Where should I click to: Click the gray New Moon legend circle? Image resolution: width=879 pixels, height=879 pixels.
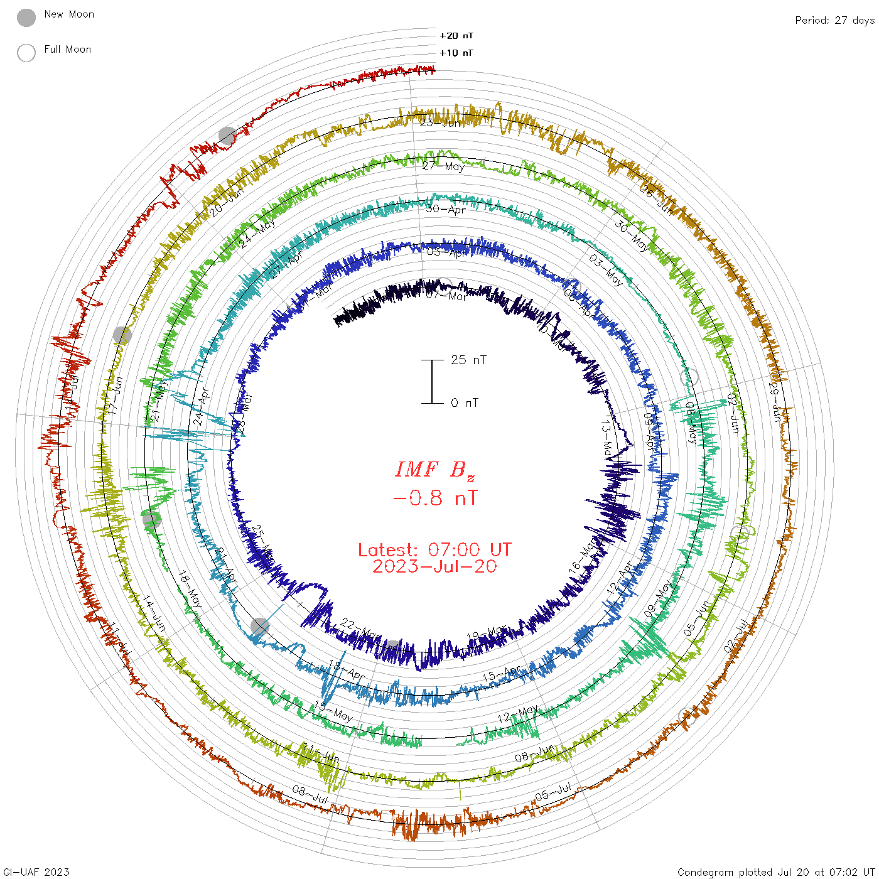pyautogui.click(x=26, y=18)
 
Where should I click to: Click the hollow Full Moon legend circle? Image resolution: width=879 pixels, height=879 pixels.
pyautogui.click(x=26, y=53)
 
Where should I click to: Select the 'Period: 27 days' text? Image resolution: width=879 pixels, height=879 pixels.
pyautogui.click(x=834, y=20)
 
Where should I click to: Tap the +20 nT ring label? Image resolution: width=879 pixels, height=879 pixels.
pyautogui.click(x=456, y=36)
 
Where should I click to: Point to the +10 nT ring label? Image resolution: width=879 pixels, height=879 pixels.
pyautogui.click(x=456, y=53)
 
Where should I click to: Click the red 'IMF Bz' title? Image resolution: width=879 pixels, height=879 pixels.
pyautogui.click(x=434, y=470)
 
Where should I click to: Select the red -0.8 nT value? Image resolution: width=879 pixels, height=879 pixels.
pyautogui.click(x=434, y=499)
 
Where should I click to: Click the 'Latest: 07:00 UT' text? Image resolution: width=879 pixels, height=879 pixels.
pyautogui.click(x=434, y=550)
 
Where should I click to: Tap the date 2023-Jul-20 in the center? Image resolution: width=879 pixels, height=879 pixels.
pyautogui.click(x=434, y=566)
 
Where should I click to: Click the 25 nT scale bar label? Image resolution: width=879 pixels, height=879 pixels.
pyautogui.click(x=468, y=360)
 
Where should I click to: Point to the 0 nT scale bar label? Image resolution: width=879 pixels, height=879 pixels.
pyautogui.click(x=465, y=402)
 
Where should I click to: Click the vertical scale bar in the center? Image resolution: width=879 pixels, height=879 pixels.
pyautogui.click(x=432, y=381)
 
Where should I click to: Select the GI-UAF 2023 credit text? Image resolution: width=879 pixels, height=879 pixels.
pyautogui.click(x=36, y=871)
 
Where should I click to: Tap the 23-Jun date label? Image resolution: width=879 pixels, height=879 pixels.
pyautogui.click(x=440, y=122)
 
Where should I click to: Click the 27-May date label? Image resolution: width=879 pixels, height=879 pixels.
pyautogui.click(x=443, y=166)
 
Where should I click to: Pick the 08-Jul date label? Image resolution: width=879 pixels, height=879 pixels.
pyautogui.click(x=310, y=795)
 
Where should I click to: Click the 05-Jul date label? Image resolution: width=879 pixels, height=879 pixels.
pyautogui.click(x=553, y=792)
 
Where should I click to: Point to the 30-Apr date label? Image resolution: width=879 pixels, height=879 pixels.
pyautogui.click(x=446, y=209)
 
